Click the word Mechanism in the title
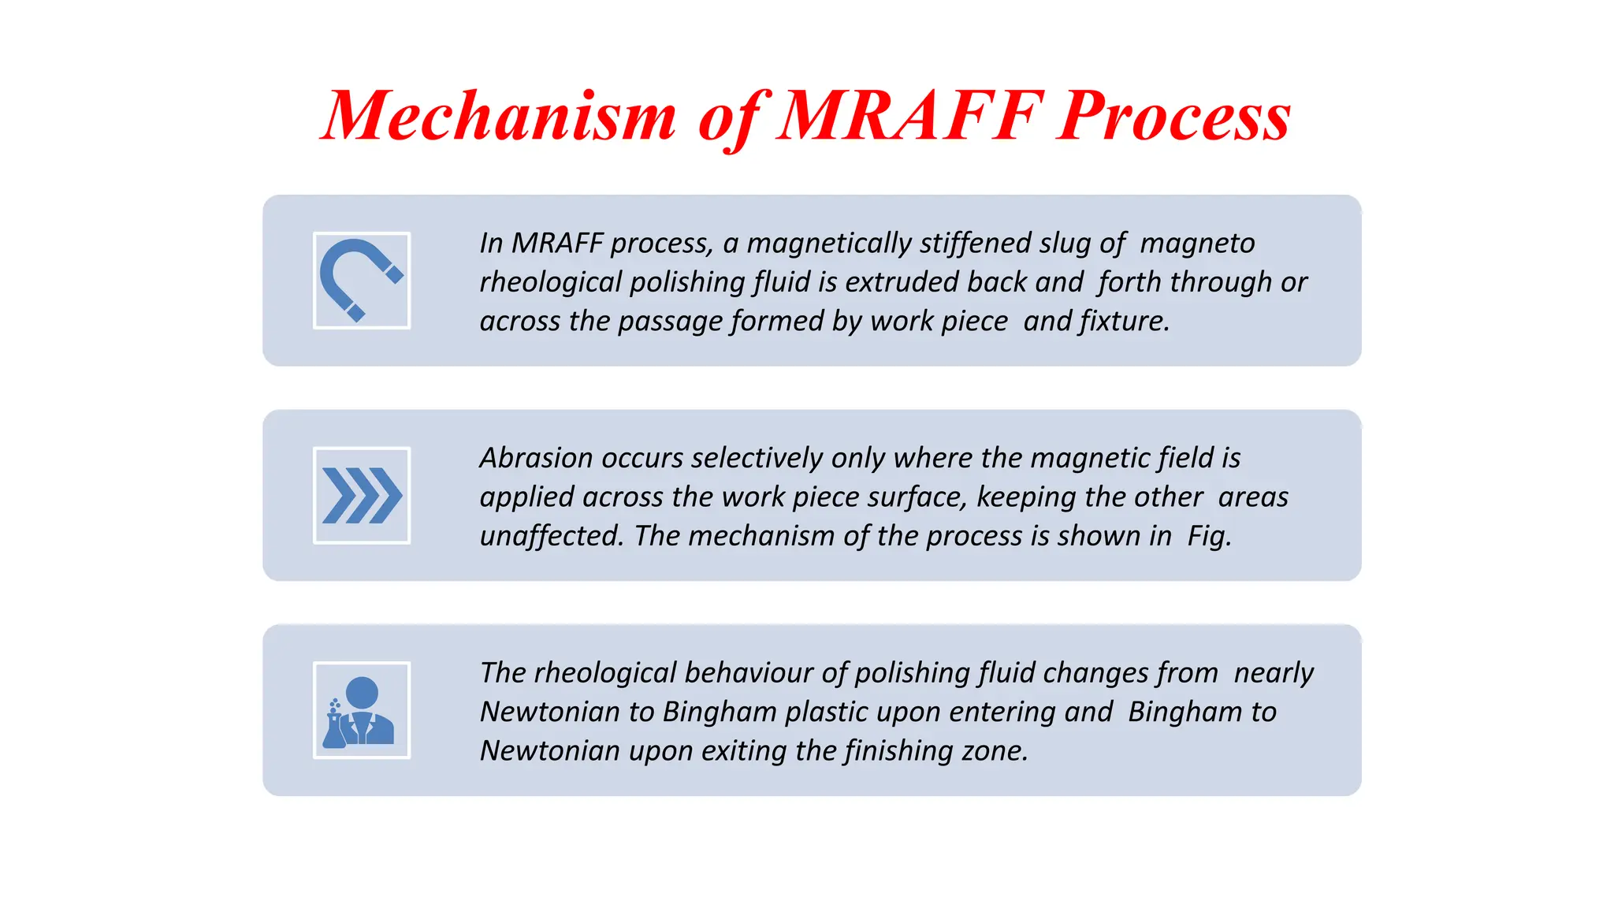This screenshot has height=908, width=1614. click(x=500, y=117)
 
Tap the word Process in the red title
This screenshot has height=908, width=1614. click(x=1173, y=117)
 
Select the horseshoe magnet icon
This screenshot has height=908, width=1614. click(x=362, y=281)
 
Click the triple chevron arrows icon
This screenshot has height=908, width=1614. click(x=362, y=496)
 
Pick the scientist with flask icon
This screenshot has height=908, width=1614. click(x=362, y=710)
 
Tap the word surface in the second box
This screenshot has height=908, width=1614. click(x=920, y=497)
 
